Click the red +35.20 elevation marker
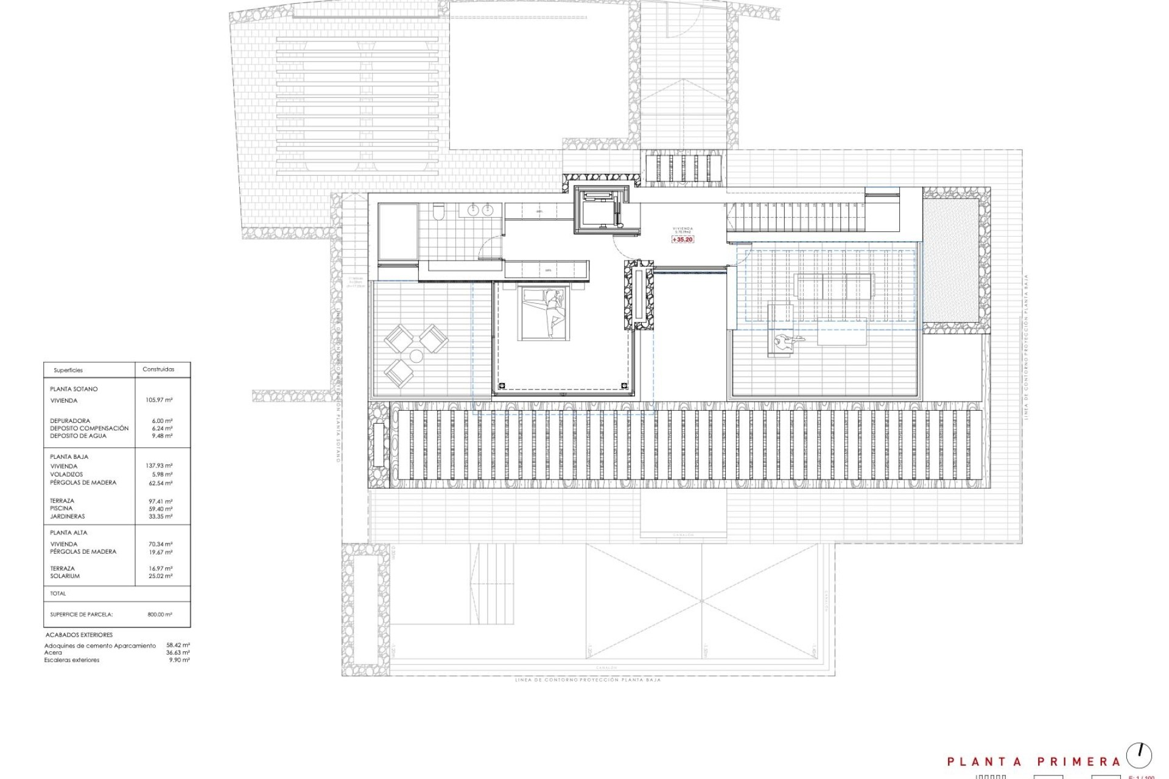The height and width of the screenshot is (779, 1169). coord(683,240)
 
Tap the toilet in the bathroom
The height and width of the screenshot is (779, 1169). coord(438,211)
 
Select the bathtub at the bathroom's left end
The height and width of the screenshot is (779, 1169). coord(398,232)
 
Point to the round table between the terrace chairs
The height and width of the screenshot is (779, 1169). coord(416,356)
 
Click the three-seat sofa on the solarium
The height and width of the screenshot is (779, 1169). coord(834,286)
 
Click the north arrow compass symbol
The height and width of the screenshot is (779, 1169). coord(1139,755)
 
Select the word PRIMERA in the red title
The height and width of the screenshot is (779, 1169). coord(1078,761)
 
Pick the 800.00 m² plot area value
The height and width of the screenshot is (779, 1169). coord(160,615)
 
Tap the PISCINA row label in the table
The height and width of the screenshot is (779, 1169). coord(61,508)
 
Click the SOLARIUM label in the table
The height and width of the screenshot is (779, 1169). coord(65,576)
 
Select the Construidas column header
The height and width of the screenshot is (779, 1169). coord(158,369)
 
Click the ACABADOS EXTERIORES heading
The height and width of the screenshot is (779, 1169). coord(79,635)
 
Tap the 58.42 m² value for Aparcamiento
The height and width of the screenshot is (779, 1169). coord(178,645)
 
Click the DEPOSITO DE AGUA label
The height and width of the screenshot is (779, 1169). coord(78,436)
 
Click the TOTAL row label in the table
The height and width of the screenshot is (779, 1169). coord(58,593)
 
